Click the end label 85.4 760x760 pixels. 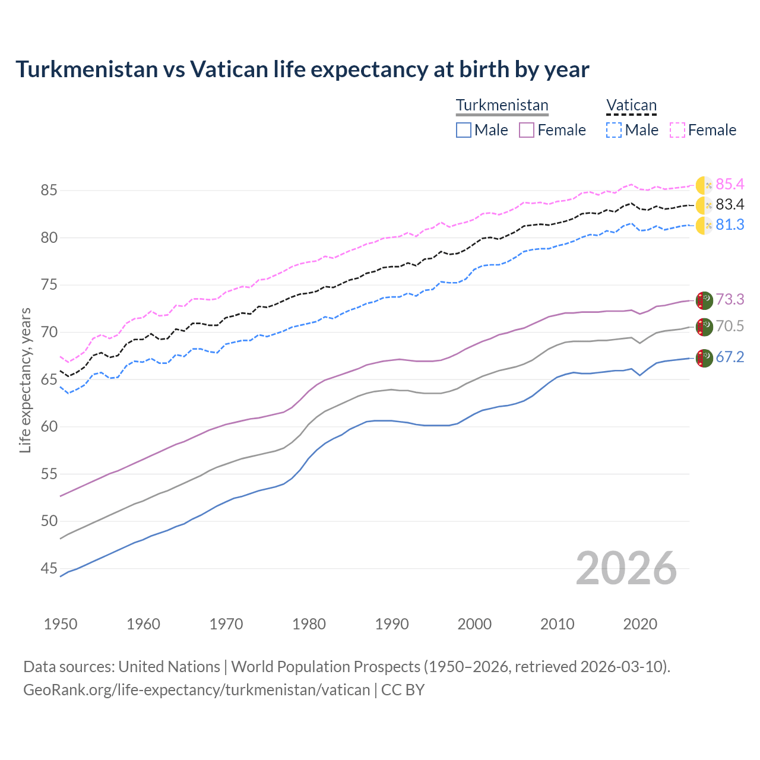[x=730, y=185]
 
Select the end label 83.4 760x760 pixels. [x=730, y=205]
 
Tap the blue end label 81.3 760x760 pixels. [x=730, y=225]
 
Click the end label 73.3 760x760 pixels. [x=730, y=300]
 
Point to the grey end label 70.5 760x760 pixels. [x=730, y=326]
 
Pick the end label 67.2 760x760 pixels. [x=730, y=357]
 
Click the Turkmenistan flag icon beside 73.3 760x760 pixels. [x=704, y=300]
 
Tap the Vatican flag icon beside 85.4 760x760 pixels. [x=704, y=185]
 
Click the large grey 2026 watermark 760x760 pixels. [x=626, y=569]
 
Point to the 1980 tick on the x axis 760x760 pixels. [x=309, y=624]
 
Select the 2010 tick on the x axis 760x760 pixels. [x=557, y=624]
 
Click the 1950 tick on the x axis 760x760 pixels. [x=61, y=624]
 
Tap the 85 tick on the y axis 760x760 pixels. [x=49, y=191]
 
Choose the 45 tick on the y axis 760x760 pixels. [x=49, y=569]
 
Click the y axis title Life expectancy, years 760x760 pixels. [x=25, y=380]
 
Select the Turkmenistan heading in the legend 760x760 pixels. [x=502, y=105]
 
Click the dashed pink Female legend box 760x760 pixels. [x=677, y=130]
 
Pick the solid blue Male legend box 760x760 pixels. [x=464, y=130]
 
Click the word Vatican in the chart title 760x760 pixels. [x=229, y=69]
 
